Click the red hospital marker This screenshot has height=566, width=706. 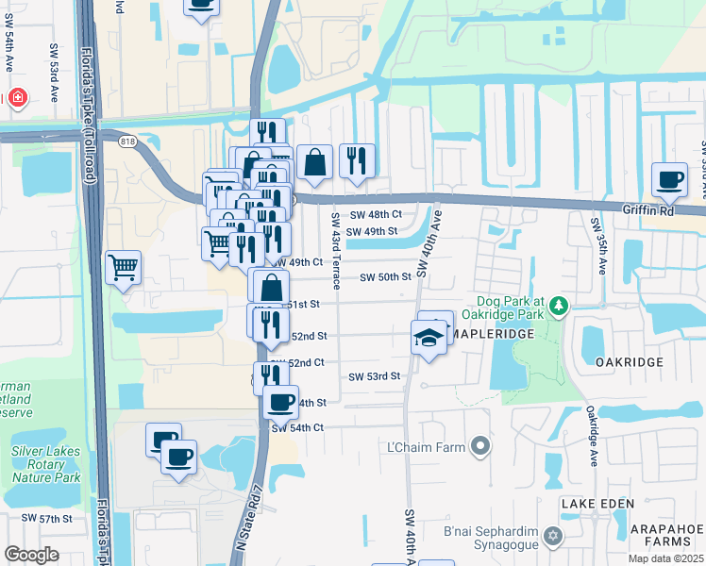point(17,98)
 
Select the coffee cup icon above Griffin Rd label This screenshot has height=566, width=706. point(670,180)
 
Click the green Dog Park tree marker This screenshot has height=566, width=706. point(559,305)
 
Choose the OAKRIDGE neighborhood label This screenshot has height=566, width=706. point(630,361)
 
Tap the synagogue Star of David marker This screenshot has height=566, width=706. point(552,537)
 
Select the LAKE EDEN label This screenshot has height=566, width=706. point(597,505)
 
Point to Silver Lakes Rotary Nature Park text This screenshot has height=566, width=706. point(46,465)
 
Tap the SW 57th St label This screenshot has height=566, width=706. point(48,519)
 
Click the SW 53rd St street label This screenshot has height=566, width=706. point(375,376)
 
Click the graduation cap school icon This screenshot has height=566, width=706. point(429,337)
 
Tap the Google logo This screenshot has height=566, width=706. point(32,555)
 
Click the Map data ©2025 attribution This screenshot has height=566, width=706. point(665,558)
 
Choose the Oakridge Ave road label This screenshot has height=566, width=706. point(593,429)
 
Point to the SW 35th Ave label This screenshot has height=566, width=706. point(597,245)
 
